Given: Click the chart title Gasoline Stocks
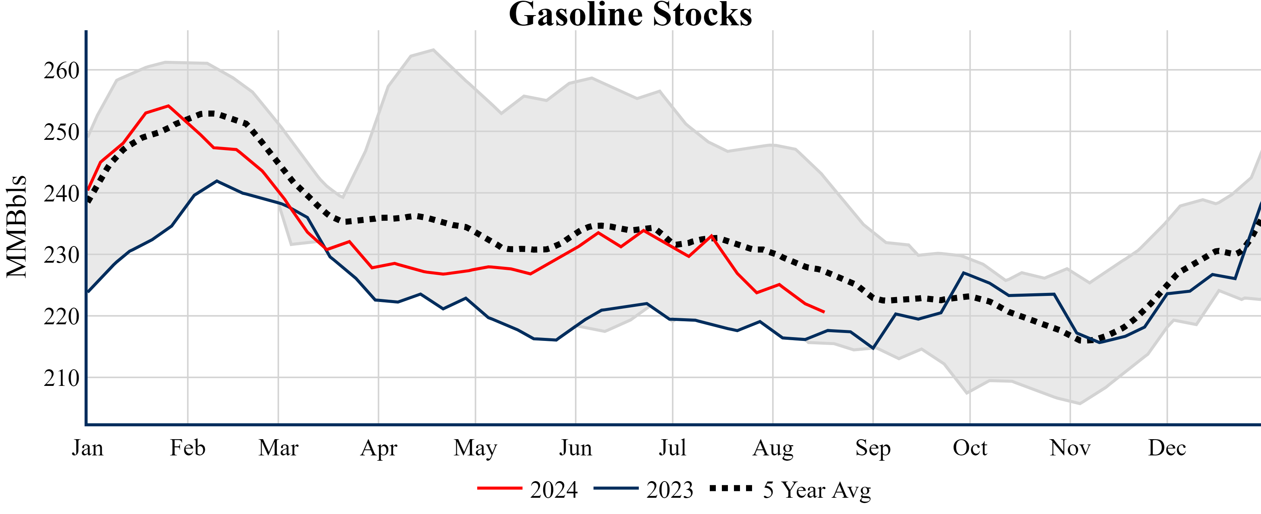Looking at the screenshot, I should coord(630,15).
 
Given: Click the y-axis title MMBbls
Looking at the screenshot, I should coord(17,226).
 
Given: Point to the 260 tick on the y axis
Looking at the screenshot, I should coord(62,71).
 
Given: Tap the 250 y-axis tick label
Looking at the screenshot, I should coord(62,132).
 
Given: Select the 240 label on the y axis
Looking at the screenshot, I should coord(62,194).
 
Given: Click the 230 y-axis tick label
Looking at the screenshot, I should coord(62,255).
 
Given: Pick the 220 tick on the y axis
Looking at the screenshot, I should coord(62,317).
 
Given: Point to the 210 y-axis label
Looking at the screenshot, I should coord(62,378).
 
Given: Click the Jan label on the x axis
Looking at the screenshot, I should coord(88,448).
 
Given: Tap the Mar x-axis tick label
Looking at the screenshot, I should coord(279,448).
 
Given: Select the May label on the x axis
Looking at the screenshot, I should coord(475,448).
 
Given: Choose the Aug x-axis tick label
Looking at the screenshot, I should coord(773,448).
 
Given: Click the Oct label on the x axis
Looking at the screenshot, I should coord(970,448).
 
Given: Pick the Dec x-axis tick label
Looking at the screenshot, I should coord(1167,448).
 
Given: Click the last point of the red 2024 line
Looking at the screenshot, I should coord(824,312).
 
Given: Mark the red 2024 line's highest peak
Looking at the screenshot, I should coord(168,105).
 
